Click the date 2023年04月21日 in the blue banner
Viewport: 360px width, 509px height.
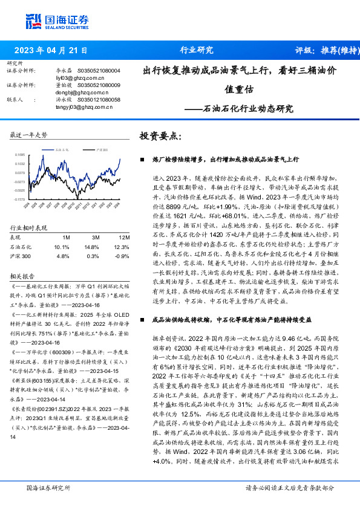coord(51,50)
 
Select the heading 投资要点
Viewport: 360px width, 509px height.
coord(160,137)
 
